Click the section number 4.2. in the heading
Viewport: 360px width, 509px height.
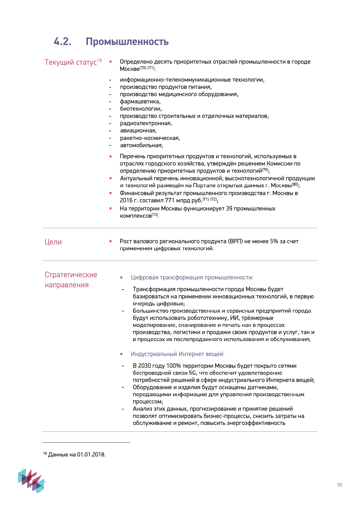click(x=62, y=41)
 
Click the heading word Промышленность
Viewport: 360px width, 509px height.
click(x=127, y=41)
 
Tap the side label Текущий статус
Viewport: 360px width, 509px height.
click(x=70, y=62)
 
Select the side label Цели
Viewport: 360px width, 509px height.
click(x=53, y=242)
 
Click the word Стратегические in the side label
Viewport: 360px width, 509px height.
click(x=71, y=275)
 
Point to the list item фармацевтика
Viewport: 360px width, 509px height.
click(x=140, y=102)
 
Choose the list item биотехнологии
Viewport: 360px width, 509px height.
click(x=141, y=109)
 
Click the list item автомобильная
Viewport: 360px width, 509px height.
click(x=141, y=145)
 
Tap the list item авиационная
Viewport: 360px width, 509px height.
click(x=138, y=131)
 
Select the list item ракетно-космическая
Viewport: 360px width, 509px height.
click(x=150, y=138)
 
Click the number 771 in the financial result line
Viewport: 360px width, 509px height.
click(x=170, y=201)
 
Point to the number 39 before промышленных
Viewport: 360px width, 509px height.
click(x=229, y=209)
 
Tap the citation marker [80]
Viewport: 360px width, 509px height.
click(x=295, y=184)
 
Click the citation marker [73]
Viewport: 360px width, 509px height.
click(x=155, y=214)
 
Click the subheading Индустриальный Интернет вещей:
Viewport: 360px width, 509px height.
click(x=178, y=354)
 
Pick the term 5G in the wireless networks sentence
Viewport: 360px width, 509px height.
click(x=192, y=373)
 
